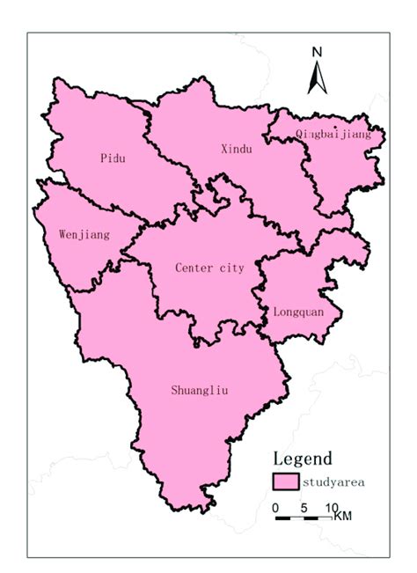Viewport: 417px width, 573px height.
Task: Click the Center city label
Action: pyautogui.click(x=209, y=268)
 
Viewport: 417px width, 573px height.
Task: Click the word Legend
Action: pyautogui.click(x=302, y=458)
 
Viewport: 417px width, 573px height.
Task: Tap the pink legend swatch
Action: pyautogui.click(x=285, y=482)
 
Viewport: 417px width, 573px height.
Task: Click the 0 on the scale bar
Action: pyautogui.click(x=275, y=508)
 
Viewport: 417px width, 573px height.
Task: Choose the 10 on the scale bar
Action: pyautogui.click(x=331, y=508)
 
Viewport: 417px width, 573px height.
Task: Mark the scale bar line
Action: pyautogui.click(x=304, y=518)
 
